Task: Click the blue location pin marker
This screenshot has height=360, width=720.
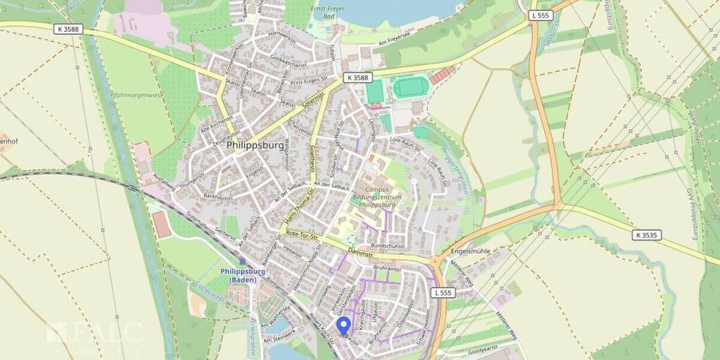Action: pyautogui.click(x=343, y=325)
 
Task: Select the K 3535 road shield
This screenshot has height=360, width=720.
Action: pyautogui.click(x=646, y=235)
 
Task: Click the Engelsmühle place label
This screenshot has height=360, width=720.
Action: pyautogui.click(x=470, y=251)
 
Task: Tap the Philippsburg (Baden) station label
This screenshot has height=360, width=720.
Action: pyautogui.click(x=242, y=275)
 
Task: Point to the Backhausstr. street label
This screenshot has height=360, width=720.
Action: pyautogui.click(x=217, y=196)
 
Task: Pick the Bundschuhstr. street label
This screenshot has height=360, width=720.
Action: pyautogui.click(x=389, y=246)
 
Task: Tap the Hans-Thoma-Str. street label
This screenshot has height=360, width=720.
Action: pyautogui.click(x=297, y=208)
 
